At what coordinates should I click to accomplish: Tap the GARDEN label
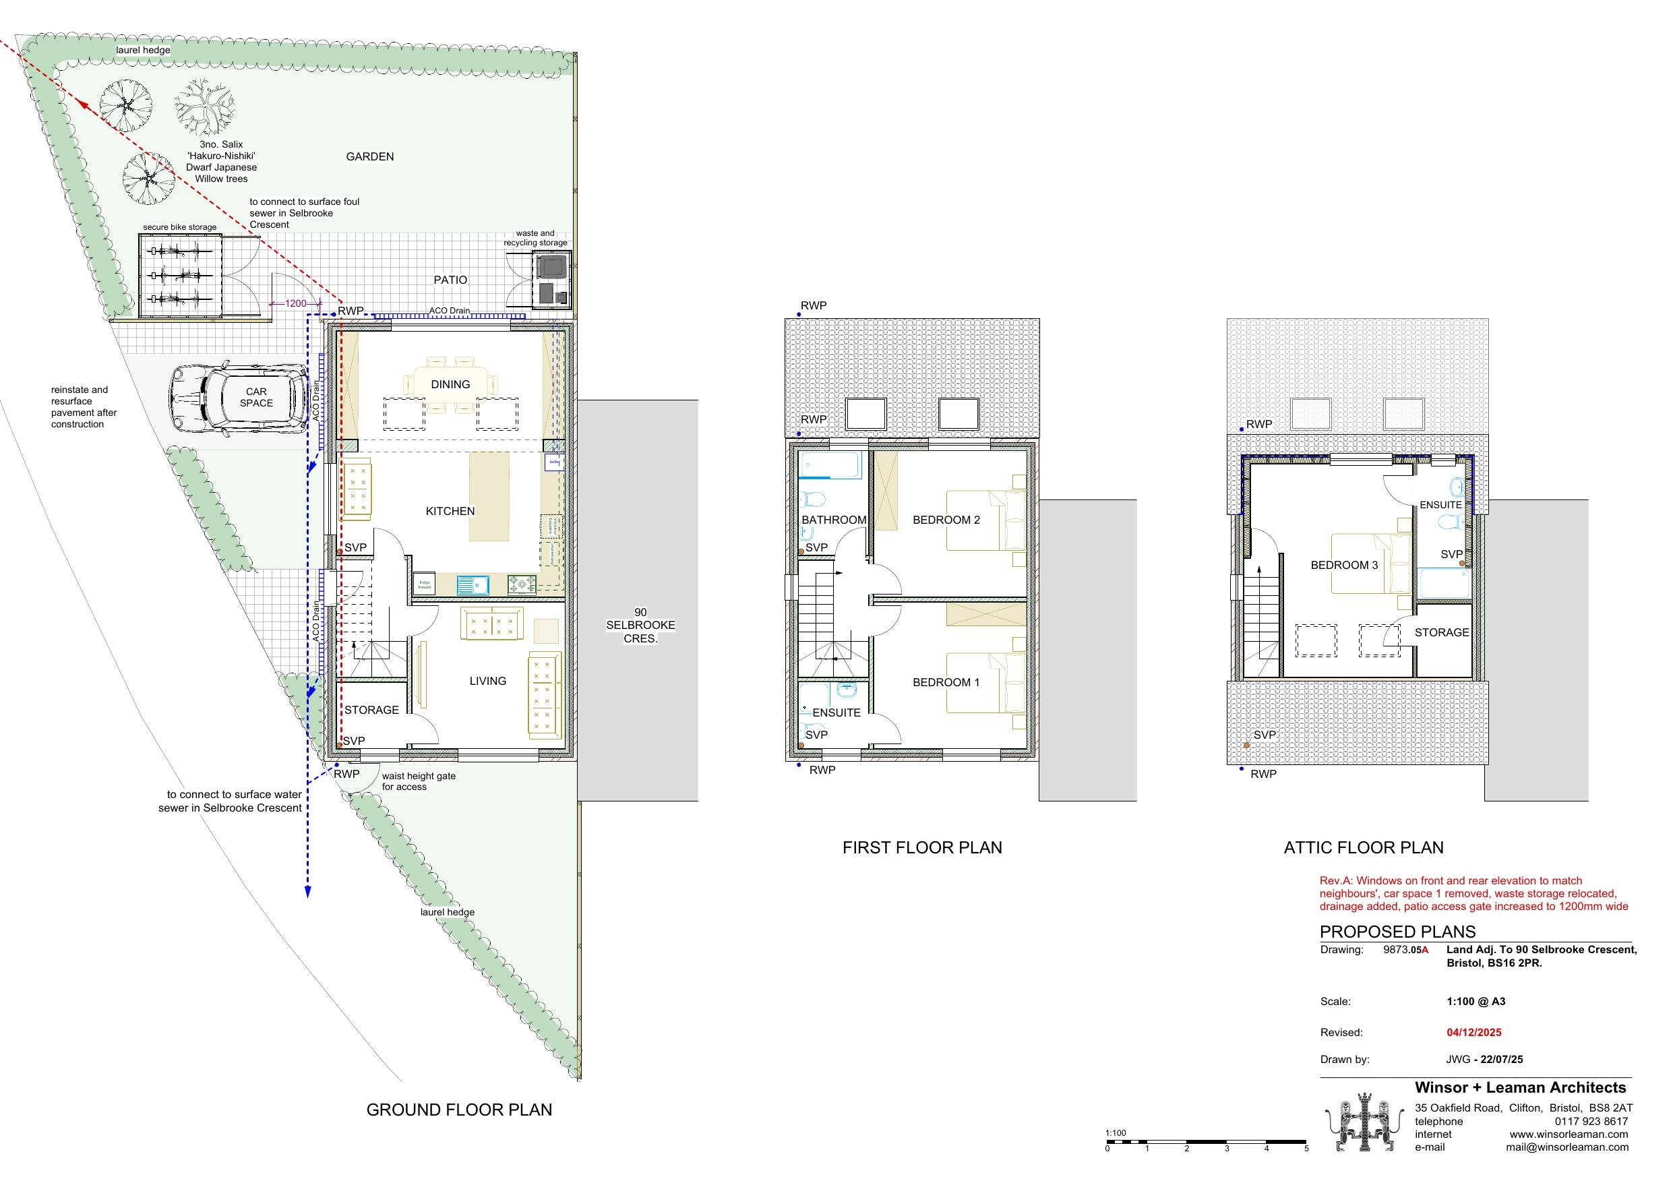[x=369, y=156]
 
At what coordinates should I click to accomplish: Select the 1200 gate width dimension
[x=295, y=303]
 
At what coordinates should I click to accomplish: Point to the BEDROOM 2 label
[x=946, y=520]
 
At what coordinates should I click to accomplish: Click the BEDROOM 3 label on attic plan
[x=1343, y=565]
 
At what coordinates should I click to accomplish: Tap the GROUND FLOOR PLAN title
[x=459, y=1110]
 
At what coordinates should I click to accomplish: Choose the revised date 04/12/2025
[x=1473, y=1032]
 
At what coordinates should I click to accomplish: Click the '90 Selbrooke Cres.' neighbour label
[x=640, y=626]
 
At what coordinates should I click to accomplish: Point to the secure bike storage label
[x=179, y=227]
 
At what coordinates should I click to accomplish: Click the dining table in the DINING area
[x=450, y=384]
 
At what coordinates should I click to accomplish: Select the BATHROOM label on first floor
[x=834, y=520]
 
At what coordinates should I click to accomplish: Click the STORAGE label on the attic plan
[x=1441, y=632]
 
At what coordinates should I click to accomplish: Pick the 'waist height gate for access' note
[x=418, y=781]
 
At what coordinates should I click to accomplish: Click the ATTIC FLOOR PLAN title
[x=1364, y=847]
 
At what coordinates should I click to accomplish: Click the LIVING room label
[x=487, y=681]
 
